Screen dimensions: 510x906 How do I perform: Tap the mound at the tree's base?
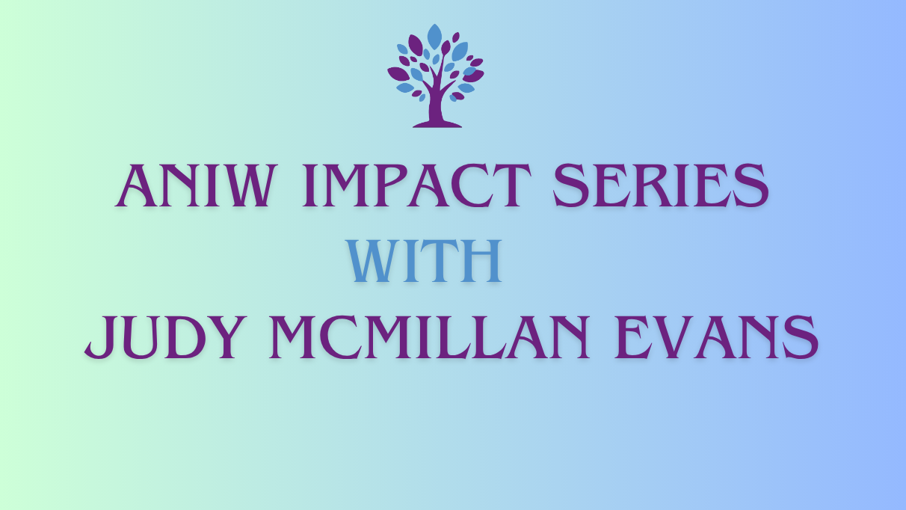pyautogui.click(x=437, y=122)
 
